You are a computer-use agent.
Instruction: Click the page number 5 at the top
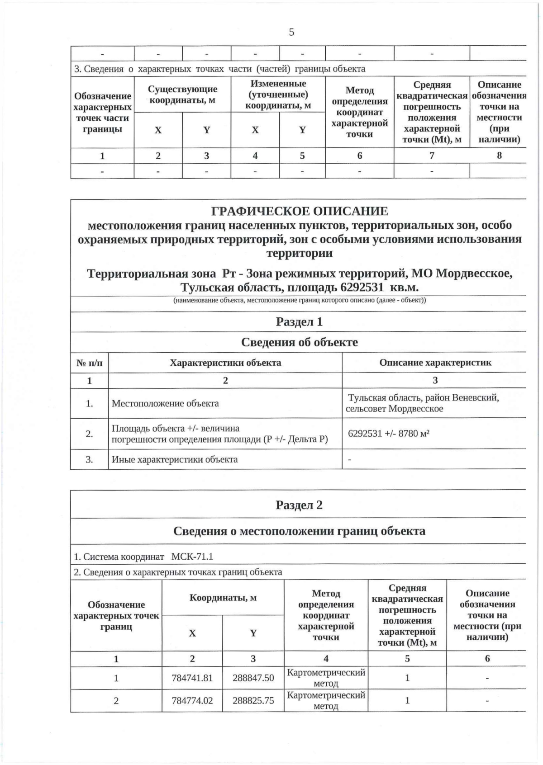291,32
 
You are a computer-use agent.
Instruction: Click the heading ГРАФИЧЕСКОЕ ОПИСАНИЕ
300,212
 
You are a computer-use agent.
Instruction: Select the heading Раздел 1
299,322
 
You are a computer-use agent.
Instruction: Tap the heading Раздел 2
299,505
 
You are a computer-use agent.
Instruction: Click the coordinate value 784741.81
192,678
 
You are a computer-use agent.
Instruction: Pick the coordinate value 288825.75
253,700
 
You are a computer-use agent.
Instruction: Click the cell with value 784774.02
192,700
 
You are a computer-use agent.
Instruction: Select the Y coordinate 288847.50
253,678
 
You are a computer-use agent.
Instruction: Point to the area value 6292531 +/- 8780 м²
388,434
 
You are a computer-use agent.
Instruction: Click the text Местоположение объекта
165,403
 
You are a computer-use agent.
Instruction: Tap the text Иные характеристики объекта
175,459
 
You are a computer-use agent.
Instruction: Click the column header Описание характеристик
435,363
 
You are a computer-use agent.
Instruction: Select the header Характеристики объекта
225,363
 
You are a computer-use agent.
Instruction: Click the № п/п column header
89,363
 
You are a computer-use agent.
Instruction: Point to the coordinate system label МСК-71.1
192,557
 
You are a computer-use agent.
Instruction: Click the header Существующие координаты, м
182,94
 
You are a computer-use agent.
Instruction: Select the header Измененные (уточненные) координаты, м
278,94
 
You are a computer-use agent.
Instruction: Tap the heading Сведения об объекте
299,342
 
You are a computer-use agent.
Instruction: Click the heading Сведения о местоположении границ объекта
299,531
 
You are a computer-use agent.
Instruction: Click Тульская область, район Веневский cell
423,403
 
